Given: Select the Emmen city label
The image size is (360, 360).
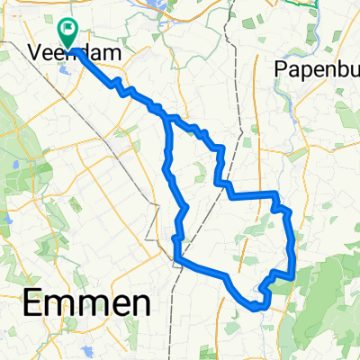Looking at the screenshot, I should pos(84,303).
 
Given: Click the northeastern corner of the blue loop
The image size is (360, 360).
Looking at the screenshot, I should pos(274,194).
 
